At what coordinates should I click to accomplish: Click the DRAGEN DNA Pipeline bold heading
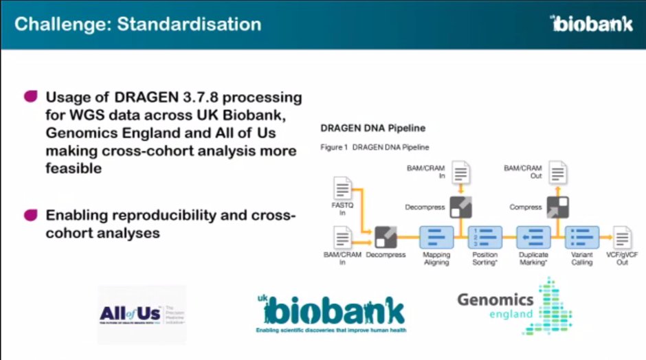pyautogui.click(x=372, y=128)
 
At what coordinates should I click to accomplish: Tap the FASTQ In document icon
pyautogui.click(x=342, y=188)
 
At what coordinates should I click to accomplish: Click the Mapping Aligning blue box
pyautogui.click(x=436, y=236)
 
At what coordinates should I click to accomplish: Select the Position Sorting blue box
pyautogui.click(x=485, y=236)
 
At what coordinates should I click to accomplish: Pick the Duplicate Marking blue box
pyautogui.click(x=533, y=236)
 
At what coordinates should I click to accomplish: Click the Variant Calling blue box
pyautogui.click(x=581, y=236)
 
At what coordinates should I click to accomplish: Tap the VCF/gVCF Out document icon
pyautogui.click(x=622, y=237)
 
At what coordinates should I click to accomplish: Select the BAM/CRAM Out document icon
pyautogui.click(x=557, y=172)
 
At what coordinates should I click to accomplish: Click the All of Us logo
pyautogui.click(x=142, y=314)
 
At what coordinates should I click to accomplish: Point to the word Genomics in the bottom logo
pyautogui.click(x=495, y=300)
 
